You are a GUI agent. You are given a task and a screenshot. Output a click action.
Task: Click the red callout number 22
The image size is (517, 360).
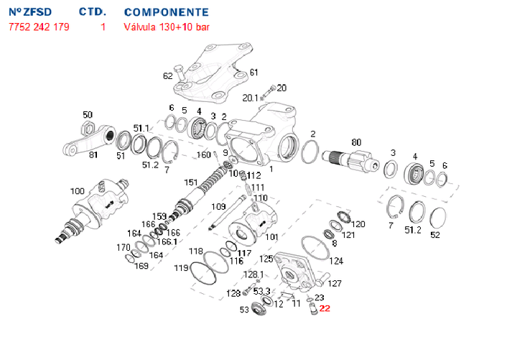click(x=325, y=309)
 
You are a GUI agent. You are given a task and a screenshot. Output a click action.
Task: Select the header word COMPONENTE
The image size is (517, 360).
click(x=167, y=13)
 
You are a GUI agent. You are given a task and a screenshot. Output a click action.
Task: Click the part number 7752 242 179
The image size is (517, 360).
click(x=39, y=27)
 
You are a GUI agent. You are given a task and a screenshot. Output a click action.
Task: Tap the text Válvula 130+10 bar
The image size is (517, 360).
click(x=167, y=27)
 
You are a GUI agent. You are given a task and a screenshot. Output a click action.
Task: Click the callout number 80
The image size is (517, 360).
click(x=356, y=142)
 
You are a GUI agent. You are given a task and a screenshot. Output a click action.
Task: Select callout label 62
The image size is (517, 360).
click(x=168, y=75)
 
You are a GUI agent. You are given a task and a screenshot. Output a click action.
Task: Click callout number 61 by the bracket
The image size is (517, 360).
click(x=253, y=73)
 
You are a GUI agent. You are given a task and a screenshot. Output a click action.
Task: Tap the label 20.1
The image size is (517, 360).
click(x=251, y=98)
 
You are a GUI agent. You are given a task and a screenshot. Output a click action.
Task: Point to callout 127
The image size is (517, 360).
click(x=335, y=283)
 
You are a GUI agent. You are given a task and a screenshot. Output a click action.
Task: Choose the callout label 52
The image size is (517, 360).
click(x=434, y=234)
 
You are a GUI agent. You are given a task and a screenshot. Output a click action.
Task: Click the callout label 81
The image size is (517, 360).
click(x=93, y=154)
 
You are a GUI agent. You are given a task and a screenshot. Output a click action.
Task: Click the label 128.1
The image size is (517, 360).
click(x=253, y=274)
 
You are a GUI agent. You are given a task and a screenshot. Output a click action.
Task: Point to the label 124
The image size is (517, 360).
click(x=336, y=262)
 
